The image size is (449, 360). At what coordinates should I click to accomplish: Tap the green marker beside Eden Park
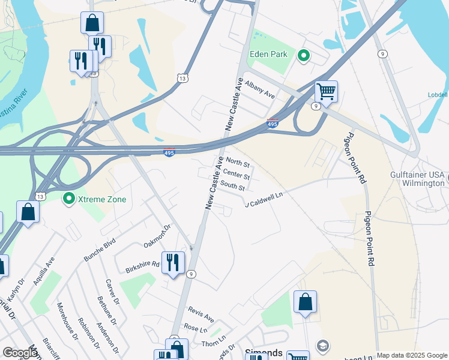(x=304, y=56)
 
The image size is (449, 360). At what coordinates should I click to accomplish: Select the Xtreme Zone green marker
(x=69, y=198)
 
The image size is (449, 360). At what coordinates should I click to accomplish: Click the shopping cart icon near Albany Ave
(x=326, y=92)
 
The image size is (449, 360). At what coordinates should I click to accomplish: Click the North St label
(x=237, y=163)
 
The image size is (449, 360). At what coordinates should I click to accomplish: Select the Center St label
(x=236, y=176)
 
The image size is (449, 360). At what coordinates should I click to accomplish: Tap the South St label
(x=232, y=187)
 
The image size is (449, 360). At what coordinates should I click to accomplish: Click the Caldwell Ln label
(x=265, y=198)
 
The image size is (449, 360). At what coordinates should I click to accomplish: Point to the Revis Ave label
(x=200, y=314)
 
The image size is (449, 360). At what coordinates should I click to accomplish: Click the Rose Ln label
(x=195, y=328)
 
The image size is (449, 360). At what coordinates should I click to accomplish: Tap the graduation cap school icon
(x=323, y=346)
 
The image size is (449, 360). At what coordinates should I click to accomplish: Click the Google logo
(x=20, y=353)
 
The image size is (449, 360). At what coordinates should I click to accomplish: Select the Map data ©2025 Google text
(x=411, y=355)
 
